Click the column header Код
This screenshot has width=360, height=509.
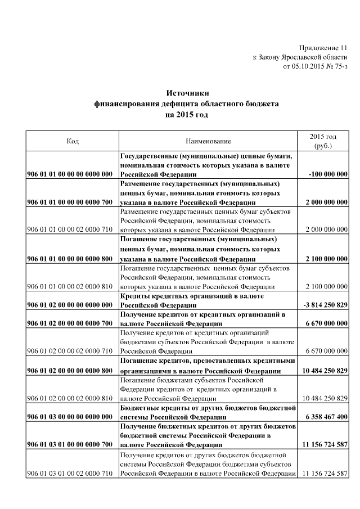[x=71, y=141]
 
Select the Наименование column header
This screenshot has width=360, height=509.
[x=208, y=141]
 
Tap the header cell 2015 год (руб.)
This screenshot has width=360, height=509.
[x=323, y=141]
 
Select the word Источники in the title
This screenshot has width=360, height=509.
[x=186, y=93]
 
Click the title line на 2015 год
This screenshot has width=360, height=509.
[x=186, y=115]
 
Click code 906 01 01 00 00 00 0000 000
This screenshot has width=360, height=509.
[x=70, y=174]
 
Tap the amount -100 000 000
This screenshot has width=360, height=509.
[x=328, y=174]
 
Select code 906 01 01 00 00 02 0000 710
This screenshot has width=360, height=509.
[x=70, y=230]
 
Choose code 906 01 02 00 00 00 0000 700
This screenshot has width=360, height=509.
[x=70, y=324]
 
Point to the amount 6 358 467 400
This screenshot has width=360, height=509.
[x=325, y=417]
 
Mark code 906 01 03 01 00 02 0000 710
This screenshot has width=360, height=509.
[x=70, y=473]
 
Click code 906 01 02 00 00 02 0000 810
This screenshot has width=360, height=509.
[x=70, y=398]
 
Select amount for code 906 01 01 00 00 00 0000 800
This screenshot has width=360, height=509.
[x=326, y=259]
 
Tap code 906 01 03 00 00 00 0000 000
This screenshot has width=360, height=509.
[x=70, y=417]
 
